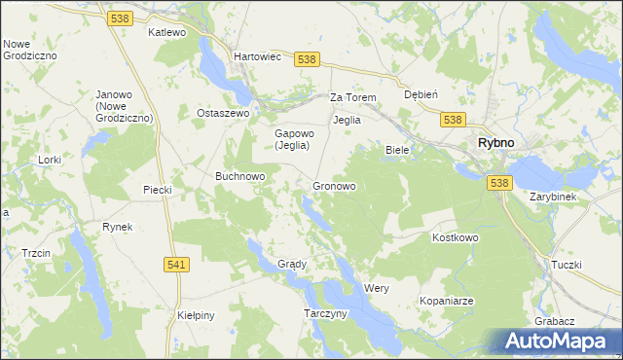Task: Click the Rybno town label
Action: tap(495, 142)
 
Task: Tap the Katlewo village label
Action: tap(166, 32)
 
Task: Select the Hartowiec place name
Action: tap(258, 56)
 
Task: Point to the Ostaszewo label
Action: tap(224, 113)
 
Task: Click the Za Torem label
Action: tap(352, 98)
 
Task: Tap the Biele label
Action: tap(397, 150)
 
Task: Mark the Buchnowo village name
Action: tap(240, 176)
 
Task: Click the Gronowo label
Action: tap(334, 186)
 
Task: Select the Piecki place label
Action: tap(157, 189)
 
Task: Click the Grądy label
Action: tap(292, 264)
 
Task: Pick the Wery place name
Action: tap(377, 289)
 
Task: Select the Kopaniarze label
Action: tap(447, 302)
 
